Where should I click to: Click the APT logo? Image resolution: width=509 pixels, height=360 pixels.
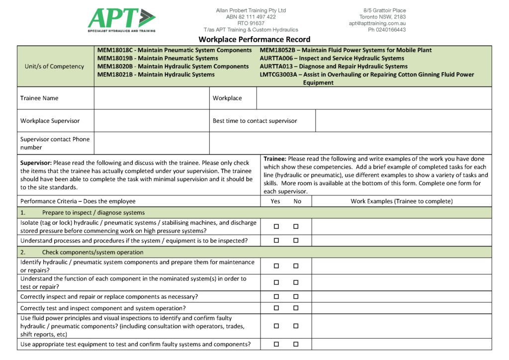pyautogui.click(x=122, y=20)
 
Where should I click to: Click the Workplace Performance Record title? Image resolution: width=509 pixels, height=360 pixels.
pyautogui.click(x=254, y=39)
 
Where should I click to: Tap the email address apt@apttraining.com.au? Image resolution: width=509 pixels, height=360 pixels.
pyautogui.click(x=377, y=23)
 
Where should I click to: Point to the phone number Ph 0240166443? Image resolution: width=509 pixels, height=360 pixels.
pyautogui.click(x=387, y=30)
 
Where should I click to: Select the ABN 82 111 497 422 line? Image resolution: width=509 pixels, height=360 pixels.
pyautogui.click(x=251, y=17)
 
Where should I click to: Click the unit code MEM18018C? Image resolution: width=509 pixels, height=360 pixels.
pyautogui.click(x=115, y=50)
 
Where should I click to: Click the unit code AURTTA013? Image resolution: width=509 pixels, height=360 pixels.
pyautogui.click(x=277, y=67)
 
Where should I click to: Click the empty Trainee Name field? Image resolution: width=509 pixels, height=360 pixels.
pyautogui.click(x=152, y=98)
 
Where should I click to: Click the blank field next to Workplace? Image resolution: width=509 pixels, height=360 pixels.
pyautogui.click(x=374, y=98)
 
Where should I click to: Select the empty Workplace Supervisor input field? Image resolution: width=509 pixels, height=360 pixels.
pyautogui.click(x=152, y=121)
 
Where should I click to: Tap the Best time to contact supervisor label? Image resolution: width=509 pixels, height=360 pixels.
pyautogui.click(x=254, y=121)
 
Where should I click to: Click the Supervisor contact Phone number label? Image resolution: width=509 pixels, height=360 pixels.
pyautogui.click(x=55, y=143)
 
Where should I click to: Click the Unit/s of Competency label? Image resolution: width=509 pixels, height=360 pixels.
pyautogui.click(x=54, y=66)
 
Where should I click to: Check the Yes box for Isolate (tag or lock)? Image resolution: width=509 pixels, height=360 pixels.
pyautogui.click(x=276, y=226)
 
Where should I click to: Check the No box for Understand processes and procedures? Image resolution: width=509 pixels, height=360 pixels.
pyautogui.click(x=296, y=241)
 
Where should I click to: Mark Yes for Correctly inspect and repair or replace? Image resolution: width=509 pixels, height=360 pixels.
pyautogui.click(x=276, y=296)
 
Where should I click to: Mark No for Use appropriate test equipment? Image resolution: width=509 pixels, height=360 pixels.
pyautogui.click(x=296, y=344)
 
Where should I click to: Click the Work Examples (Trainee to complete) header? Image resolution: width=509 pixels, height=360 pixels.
pyautogui.click(x=401, y=201)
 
